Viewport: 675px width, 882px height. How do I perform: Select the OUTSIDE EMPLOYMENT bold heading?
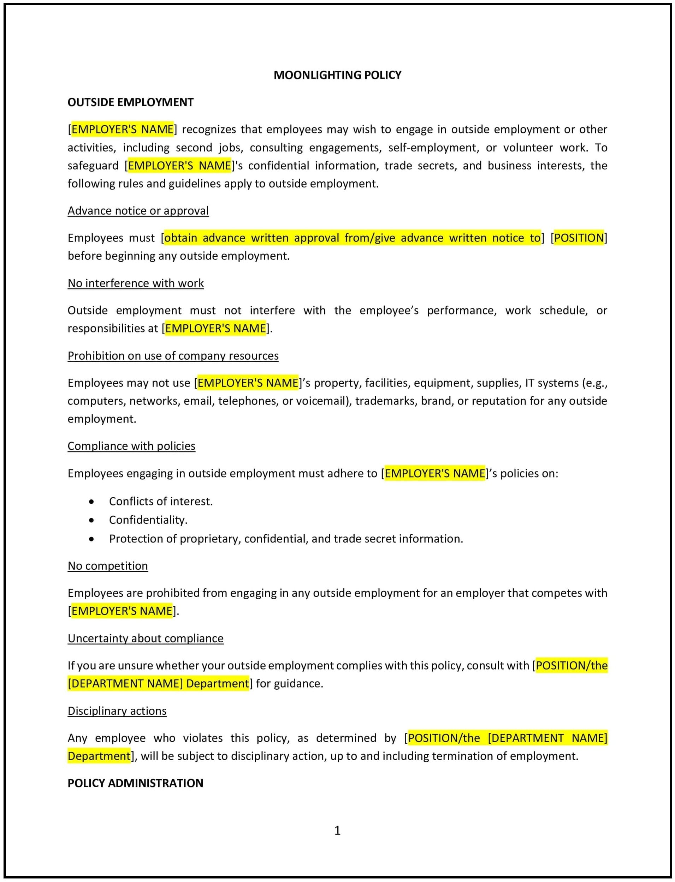tap(130, 102)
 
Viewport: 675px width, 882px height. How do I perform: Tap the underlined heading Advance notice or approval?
tap(138, 211)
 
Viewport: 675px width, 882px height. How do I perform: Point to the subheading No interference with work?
tap(135, 283)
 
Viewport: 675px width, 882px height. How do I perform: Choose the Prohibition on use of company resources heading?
tap(173, 356)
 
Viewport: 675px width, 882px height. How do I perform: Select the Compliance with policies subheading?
tap(131, 446)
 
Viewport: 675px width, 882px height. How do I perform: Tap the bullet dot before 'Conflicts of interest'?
tap(91, 502)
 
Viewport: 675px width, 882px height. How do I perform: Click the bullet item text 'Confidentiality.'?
tap(148, 520)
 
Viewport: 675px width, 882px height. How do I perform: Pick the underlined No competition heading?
tap(108, 566)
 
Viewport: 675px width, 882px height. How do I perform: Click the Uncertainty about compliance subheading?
tap(146, 638)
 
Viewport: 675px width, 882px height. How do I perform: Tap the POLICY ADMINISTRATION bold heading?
tap(135, 783)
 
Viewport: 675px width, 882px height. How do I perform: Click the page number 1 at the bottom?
tap(338, 830)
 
